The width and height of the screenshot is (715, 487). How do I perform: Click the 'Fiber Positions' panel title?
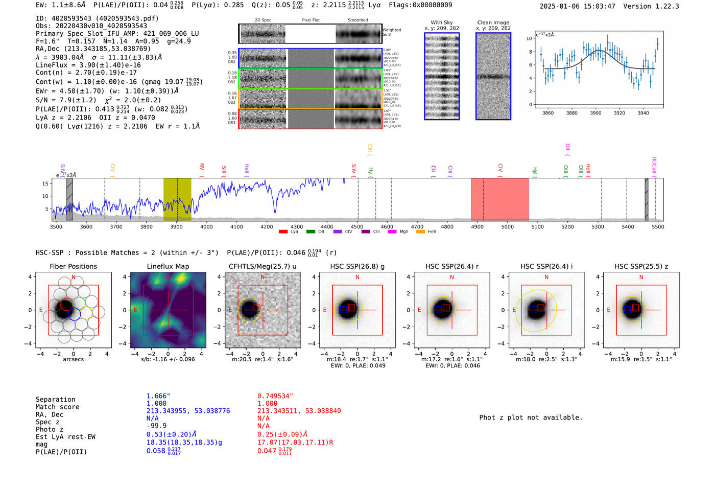73,266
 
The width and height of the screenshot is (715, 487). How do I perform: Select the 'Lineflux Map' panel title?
168,266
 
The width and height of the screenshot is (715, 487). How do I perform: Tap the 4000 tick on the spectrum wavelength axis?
206,227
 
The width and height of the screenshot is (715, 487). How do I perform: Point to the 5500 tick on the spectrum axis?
658,227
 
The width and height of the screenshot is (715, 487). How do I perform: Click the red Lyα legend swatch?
283,232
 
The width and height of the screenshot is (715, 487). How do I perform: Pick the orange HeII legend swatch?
420,232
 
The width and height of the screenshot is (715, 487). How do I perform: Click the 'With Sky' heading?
442,22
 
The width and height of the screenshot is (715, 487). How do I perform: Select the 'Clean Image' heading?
493,22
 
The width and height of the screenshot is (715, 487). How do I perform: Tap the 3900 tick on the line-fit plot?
595,113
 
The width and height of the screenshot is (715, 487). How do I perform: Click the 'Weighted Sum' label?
391,32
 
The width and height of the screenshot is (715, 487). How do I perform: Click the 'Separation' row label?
55,400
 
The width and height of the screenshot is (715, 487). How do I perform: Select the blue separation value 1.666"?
158,396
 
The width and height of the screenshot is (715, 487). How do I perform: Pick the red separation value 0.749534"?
275,396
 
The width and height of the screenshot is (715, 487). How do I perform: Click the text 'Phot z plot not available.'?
531,418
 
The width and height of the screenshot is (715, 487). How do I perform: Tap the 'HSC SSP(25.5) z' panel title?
641,266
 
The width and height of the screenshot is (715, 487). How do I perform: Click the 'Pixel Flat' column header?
311,20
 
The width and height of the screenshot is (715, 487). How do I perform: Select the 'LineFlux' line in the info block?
88,65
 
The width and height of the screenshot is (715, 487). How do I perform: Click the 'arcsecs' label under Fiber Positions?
73,359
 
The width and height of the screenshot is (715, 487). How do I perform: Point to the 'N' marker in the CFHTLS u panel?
263,277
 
